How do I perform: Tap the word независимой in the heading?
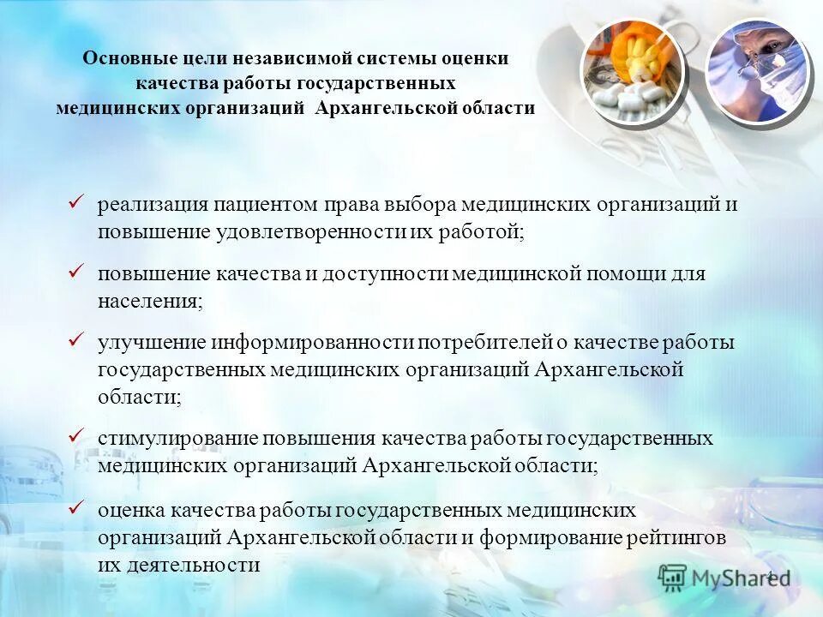[x=297, y=58]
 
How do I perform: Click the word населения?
[x=150, y=301]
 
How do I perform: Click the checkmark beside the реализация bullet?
[x=75, y=204]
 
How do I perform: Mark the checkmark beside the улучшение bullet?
[x=75, y=341]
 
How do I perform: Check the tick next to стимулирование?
[x=75, y=437]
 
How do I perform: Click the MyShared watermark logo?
[x=724, y=578]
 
